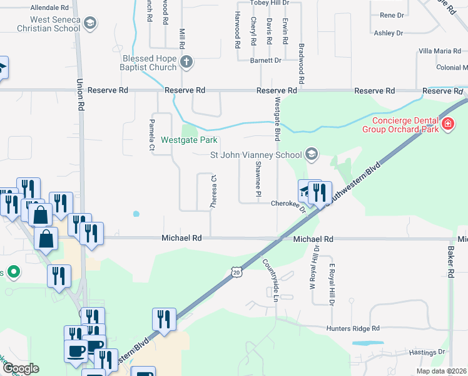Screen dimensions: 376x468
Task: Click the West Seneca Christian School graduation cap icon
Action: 90,24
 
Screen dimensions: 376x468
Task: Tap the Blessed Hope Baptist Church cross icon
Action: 186,61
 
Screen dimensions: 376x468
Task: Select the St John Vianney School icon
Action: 311,154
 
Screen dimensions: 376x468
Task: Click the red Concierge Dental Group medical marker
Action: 447,124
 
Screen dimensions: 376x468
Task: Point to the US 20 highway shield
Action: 235,271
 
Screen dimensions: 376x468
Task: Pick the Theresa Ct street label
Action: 213,191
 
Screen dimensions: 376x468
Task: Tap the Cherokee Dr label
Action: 287,204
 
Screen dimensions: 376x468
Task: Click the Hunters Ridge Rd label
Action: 353,328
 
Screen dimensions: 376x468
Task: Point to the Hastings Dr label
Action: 428,352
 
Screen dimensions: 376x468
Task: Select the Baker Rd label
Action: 450,261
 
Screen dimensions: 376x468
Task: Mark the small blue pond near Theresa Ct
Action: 136,214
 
